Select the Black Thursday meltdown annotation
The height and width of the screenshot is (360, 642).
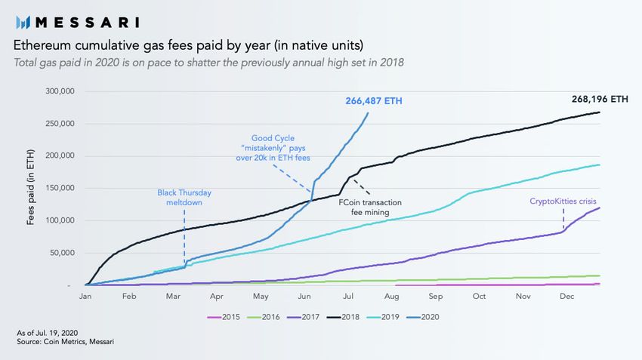pyautogui.click(x=184, y=196)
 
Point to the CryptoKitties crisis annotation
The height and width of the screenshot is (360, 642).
pyautogui.click(x=563, y=202)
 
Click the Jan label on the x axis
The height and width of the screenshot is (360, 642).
pyautogui.click(x=85, y=297)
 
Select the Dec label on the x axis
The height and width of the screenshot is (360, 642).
pyautogui.click(x=566, y=297)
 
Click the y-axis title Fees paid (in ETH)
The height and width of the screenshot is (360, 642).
pyautogui.click(x=31, y=189)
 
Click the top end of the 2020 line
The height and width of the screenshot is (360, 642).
pyautogui.click(x=368, y=113)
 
